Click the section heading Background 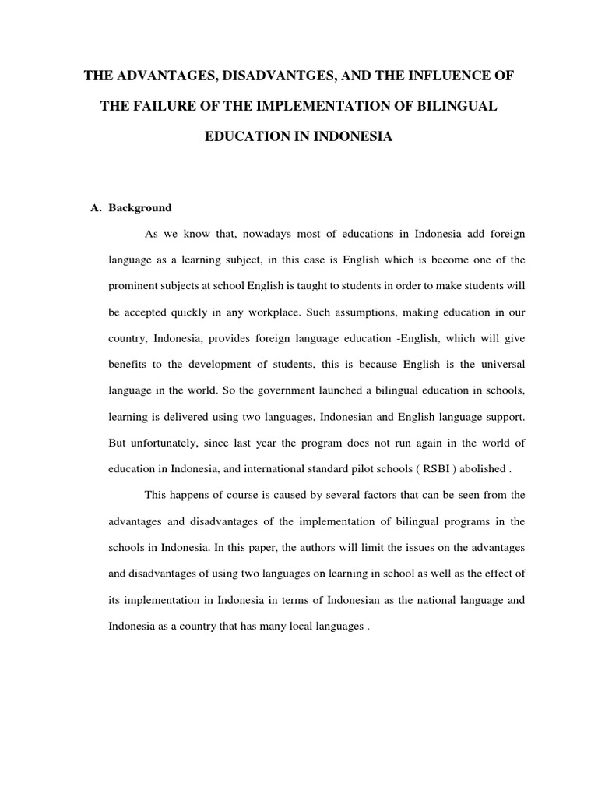coord(139,208)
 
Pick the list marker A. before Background coord(97,208)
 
